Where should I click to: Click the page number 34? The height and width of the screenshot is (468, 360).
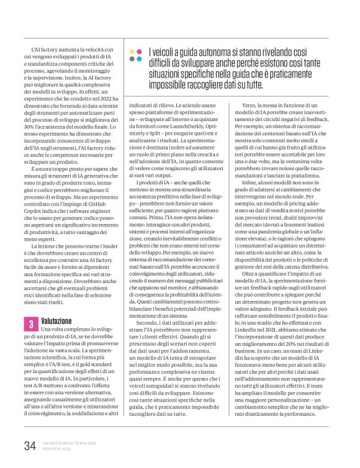[x=29, y=445]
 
